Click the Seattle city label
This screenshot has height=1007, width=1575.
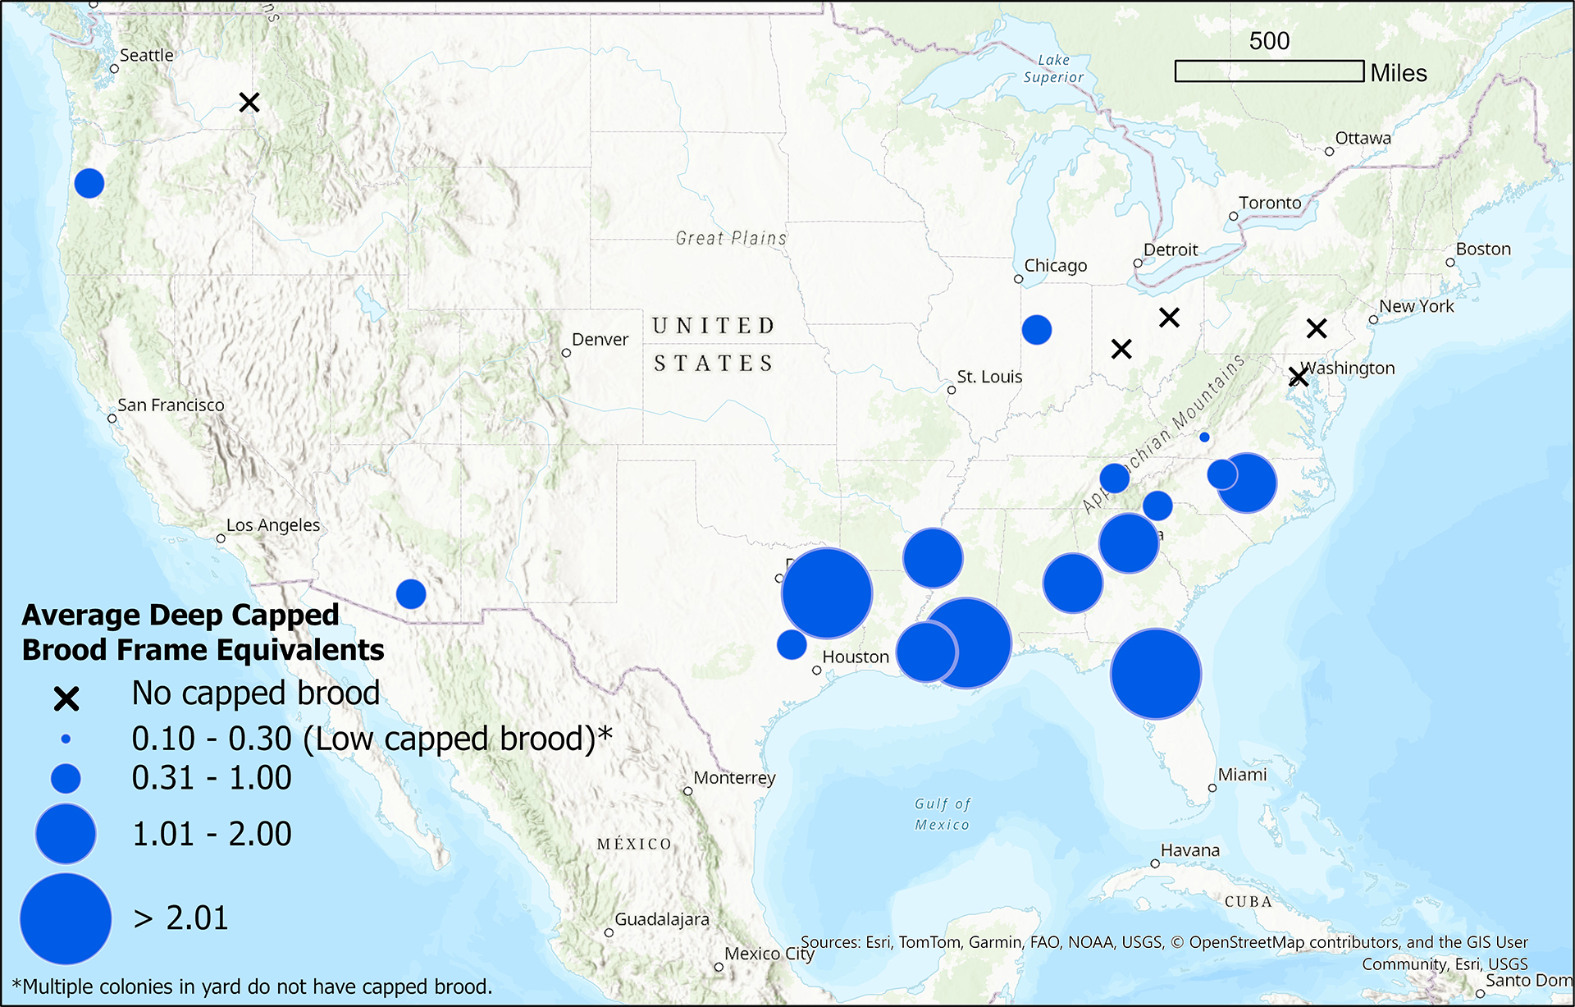(x=146, y=56)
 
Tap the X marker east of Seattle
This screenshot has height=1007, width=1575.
(x=249, y=103)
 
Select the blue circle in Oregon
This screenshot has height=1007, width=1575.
(x=89, y=183)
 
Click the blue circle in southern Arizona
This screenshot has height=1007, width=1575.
(x=411, y=593)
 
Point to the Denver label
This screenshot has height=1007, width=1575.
(x=600, y=340)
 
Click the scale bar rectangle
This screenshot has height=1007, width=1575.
(x=1269, y=71)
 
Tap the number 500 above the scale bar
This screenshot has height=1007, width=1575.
(x=1269, y=41)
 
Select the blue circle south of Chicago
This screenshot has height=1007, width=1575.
(x=1037, y=330)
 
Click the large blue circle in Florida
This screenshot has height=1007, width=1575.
(x=1156, y=674)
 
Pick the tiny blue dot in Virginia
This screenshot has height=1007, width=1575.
(x=1204, y=437)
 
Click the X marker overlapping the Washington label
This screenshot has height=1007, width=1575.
(x=1298, y=377)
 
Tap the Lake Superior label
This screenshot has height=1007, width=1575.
(x=1053, y=69)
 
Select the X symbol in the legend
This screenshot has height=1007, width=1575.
(x=66, y=698)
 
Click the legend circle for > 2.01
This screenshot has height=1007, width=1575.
(x=66, y=918)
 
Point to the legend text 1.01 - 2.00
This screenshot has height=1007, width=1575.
(x=212, y=834)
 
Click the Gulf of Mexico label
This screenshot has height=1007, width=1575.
(x=943, y=814)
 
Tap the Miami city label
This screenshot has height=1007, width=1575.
(x=1242, y=775)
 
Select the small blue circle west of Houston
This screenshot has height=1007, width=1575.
(x=792, y=644)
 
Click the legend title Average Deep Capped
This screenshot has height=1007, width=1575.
(x=180, y=615)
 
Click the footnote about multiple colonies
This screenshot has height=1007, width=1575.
(x=253, y=986)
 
